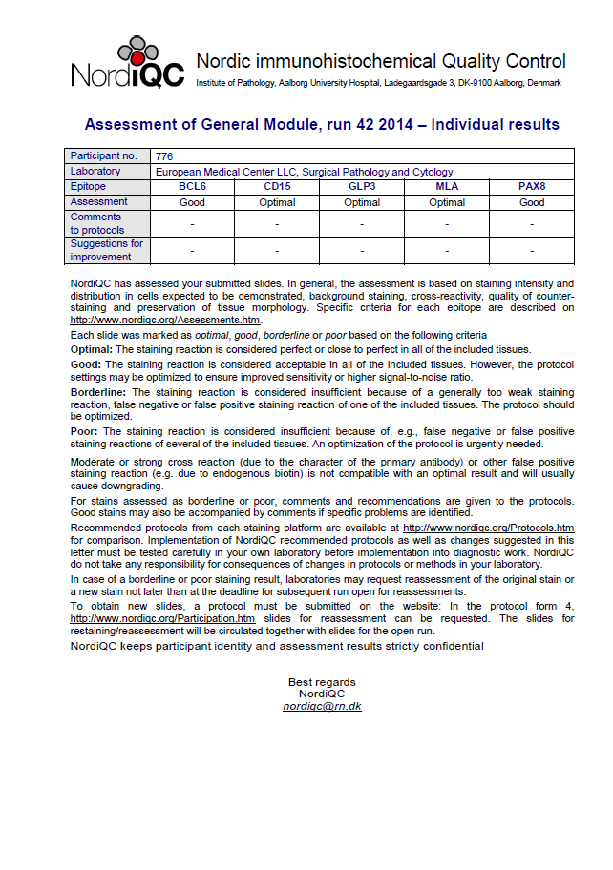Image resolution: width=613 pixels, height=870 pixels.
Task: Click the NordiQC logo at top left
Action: coord(127,64)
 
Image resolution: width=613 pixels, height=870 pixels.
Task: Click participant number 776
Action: coord(163,156)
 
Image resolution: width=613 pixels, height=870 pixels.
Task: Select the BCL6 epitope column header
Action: coord(192,187)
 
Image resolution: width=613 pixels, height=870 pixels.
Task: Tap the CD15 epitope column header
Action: coord(277,187)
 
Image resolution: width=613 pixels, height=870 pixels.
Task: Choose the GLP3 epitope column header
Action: coord(362,187)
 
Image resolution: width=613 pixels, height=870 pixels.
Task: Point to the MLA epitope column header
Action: coord(447,187)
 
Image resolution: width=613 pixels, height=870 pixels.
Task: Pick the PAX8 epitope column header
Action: coord(531,187)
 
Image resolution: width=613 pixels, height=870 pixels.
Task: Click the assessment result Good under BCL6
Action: coord(192,202)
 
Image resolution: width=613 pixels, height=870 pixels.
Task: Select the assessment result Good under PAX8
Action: coord(531,202)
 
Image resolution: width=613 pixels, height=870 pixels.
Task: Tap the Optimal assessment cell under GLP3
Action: coord(362,202)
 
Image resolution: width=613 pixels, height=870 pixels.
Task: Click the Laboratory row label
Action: coord(96,172)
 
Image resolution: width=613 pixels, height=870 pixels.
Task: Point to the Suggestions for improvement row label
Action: coord(106,250)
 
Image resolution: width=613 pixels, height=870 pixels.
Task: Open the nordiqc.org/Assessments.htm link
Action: coord(165,321)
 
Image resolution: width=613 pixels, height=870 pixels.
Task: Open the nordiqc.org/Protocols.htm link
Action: coord(488,528)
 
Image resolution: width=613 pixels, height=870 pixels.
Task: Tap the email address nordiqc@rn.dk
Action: coord(322,707)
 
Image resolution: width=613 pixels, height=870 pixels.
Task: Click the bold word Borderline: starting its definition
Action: coord(99,392)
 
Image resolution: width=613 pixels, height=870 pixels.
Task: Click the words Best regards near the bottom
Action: coord(322,682)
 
